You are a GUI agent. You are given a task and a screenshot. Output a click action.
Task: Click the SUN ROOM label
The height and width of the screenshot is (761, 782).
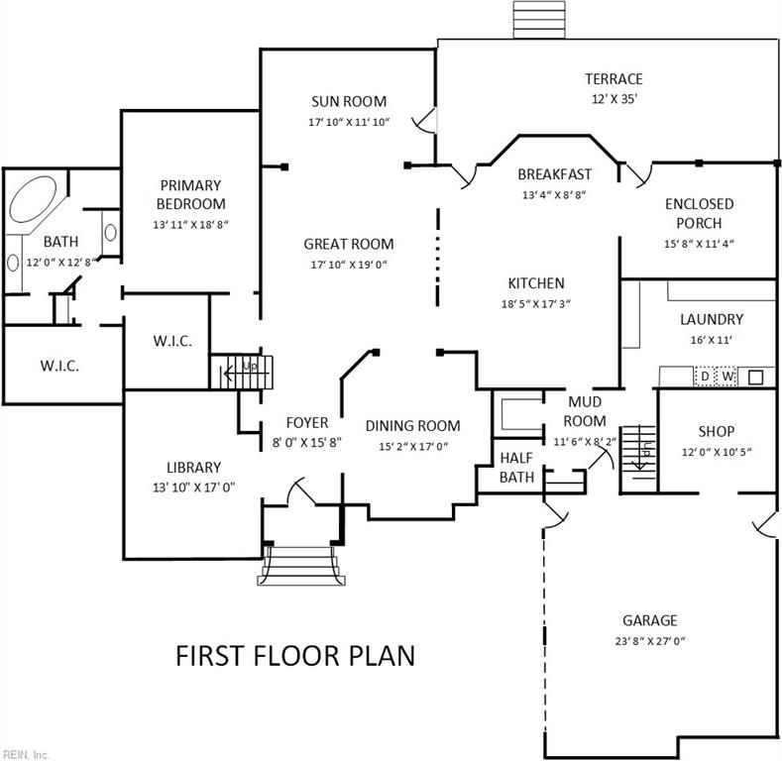click(x=348, y=101)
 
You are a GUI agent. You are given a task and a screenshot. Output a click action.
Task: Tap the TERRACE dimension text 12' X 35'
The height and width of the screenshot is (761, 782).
click(x=614, y=99)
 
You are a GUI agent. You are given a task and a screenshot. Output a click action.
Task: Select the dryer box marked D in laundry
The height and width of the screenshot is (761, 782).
click(x=705, y=377)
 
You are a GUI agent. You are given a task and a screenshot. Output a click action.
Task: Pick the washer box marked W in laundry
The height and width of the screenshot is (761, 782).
click(x=727, y=377)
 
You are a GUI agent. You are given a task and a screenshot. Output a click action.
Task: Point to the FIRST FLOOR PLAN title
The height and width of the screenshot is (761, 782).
click(x=294, y=655)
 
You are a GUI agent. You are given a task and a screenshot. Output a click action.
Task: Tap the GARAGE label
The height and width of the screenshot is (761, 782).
click(x=649, y=620)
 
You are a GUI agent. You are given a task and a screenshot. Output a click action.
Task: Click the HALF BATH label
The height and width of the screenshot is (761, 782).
click(x=516, y=467)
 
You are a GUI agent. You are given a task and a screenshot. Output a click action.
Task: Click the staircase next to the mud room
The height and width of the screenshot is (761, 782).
click(x=639, y=456)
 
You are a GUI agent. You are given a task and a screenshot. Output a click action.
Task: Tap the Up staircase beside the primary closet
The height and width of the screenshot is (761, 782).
click(x=244, y=371)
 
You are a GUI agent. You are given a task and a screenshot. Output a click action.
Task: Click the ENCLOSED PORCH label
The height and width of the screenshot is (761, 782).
click(x=699, y=213)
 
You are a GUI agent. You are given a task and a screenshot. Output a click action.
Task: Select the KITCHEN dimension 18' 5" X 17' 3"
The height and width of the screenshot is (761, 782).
click(x=535, y=304)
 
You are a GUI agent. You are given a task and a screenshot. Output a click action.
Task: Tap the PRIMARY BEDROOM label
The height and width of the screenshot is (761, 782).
click(x=190, y=194)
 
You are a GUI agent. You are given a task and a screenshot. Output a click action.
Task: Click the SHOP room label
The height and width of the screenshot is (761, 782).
click(x=716, y=431)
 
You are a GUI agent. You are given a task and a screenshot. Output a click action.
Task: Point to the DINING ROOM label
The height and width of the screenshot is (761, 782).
click(x=412, y=426)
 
